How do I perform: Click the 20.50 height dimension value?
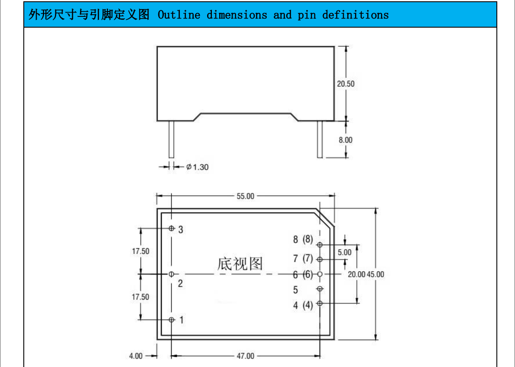[x=345, y=84]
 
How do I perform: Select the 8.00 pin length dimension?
[x=345, y=140]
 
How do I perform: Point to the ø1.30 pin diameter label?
[x=197, y=167]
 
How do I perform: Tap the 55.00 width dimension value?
[x=245, y=196]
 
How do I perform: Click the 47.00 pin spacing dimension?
[x=245, y=356]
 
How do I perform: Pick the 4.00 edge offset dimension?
[x=136, y=356]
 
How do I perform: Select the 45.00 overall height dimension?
[x=375, y=274]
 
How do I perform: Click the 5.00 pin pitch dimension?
[x=345, y=253]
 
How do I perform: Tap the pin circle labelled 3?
[x=172, y=228]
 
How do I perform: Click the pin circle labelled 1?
[x=172, y=320]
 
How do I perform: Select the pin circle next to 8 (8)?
[x=320, y=245]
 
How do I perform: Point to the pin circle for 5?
[x=320, y=288]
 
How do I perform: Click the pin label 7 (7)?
[x=303, y=259]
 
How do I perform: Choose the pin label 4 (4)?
[x=303, y=305]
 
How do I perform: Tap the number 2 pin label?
[x=180, y=284]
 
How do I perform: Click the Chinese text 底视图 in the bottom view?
[x=240, y=263]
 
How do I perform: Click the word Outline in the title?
[x=179, y=15]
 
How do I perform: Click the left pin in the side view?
[x=171, y=139]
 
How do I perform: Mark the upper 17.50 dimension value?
[x=141, y=251]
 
